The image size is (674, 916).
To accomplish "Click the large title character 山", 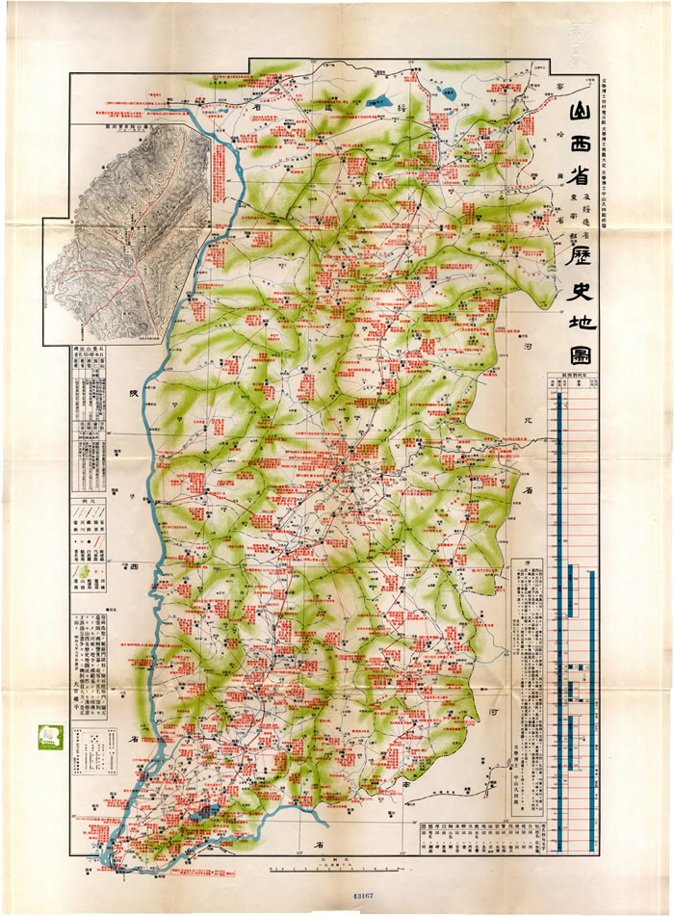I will tap(562, 118).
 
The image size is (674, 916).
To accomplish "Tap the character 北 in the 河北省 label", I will tap(528, 419).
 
